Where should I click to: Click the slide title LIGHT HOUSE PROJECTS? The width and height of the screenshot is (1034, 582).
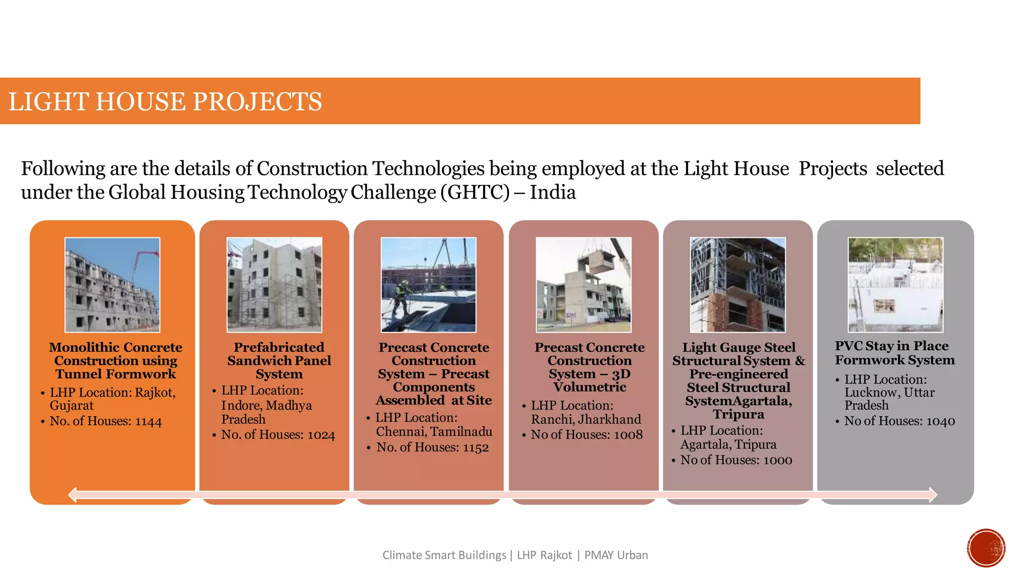click(x=165, y=102)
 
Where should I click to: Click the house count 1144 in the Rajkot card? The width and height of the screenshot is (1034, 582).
click(x=148, y=422)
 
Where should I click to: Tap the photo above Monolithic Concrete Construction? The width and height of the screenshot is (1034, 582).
click(x=112, y=284)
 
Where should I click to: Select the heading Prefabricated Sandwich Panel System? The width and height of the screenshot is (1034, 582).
click(x=279, y=361)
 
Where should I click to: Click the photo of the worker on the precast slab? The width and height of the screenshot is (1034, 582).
click(x=428, y=284)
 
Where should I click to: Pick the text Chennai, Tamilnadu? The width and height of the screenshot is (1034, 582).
click(x=434, y=431)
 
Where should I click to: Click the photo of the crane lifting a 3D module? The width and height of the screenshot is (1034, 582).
click(x=583, y=284)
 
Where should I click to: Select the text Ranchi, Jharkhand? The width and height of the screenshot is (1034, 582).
click(x=586, y=419)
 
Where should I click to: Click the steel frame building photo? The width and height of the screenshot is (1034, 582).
click(x=738, y=284)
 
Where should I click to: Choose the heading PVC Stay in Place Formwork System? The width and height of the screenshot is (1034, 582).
click(x=894, y=353)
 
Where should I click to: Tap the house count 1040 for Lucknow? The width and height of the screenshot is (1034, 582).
click(x=941, y=421)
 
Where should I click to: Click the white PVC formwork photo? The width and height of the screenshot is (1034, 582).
click(x=895, y=284)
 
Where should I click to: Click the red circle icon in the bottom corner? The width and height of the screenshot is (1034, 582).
click(x=986, y=548)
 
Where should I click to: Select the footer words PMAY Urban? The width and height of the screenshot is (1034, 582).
click(x=616, y=555)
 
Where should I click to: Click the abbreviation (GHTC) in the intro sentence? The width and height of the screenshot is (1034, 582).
click(x=475, y=192)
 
